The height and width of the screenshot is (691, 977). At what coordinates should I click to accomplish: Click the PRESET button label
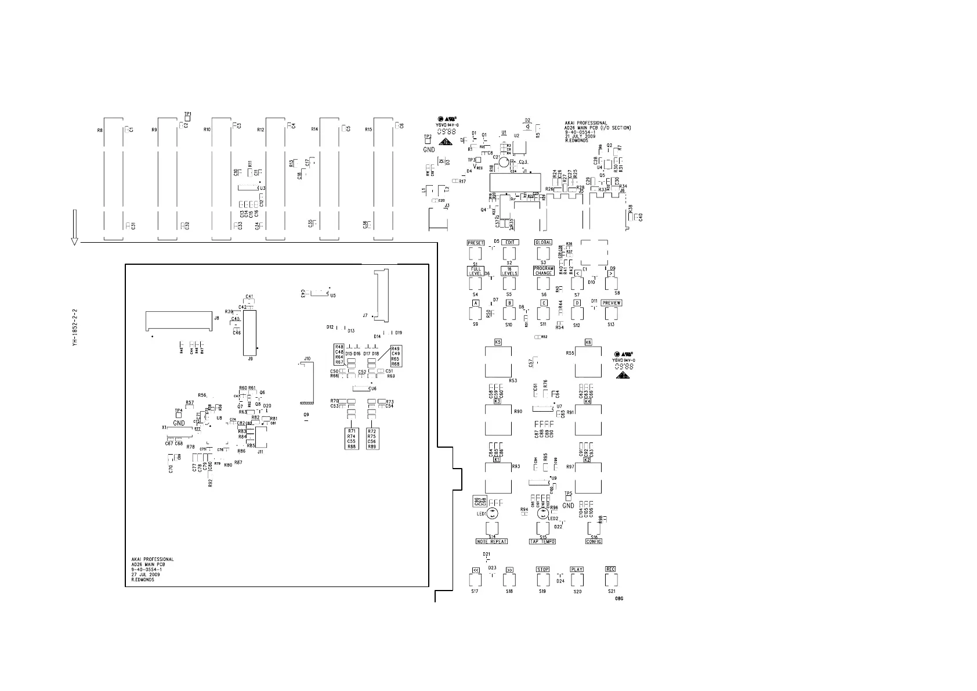click(x=476, y=243)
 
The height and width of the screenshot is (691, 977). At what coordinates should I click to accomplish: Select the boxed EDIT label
click(x=510, y=242)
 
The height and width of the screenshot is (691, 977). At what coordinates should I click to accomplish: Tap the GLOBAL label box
click(x=544, y=242)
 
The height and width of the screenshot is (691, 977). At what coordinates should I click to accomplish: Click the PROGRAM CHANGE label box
click(x=544, y=271)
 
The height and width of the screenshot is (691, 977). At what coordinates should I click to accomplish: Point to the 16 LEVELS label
click(x=509, y=271)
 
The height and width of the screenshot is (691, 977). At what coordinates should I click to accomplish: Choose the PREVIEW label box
click(x=611, y=303)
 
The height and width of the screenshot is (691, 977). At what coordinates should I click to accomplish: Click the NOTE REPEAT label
click(x=492, y=542)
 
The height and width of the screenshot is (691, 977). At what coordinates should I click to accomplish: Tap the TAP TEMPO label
click(x=542, y=542)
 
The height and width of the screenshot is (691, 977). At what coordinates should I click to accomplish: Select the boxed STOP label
click(x=542, y=570)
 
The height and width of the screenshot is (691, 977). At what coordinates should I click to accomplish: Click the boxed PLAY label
click(x=577, y=570)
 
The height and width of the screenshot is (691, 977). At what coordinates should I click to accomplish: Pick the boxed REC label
click(x=610, y=569)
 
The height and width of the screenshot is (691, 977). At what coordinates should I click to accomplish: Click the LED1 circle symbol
click(x=492, y=513)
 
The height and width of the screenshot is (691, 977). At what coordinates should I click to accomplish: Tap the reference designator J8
click(x=216, y=318)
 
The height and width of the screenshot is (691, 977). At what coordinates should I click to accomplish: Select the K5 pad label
click(x=498, y=342)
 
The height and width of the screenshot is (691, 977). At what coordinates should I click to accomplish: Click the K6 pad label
click(x=588, y=342)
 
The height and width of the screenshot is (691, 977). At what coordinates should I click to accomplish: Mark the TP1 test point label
click(x=187, y=114)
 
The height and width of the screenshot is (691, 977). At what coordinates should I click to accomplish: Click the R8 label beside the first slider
click(x=100, y=131)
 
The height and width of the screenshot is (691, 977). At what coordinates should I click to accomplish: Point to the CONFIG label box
click(x=594, y=542)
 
